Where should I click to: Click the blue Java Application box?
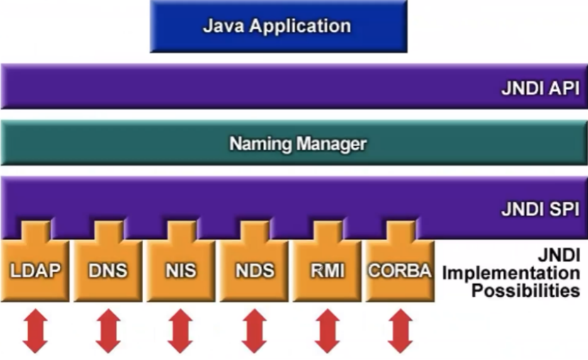[278, 26]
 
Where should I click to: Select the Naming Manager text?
[298, 145]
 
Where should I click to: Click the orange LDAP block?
[34, 270]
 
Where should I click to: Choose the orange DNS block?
[108, 270]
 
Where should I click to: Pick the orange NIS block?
[181, 270]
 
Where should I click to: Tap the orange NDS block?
[254, 270]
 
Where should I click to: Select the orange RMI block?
[327, 270]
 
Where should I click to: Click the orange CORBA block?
[400, 270]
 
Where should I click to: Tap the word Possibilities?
[526, 290]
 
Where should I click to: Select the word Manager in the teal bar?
[332, 145]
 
